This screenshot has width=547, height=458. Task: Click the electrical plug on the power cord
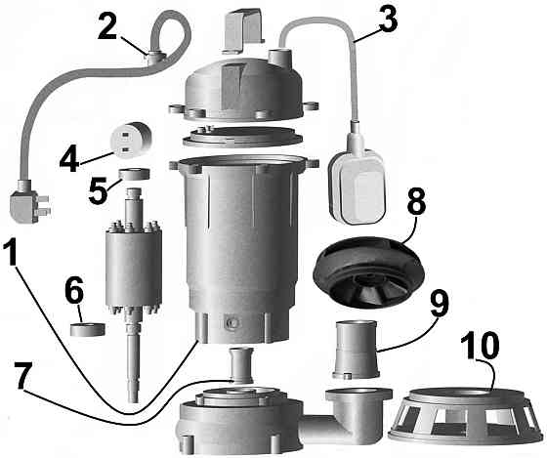(x=25, y=205)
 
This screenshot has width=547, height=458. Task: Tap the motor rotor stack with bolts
(x=135, y=264)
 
